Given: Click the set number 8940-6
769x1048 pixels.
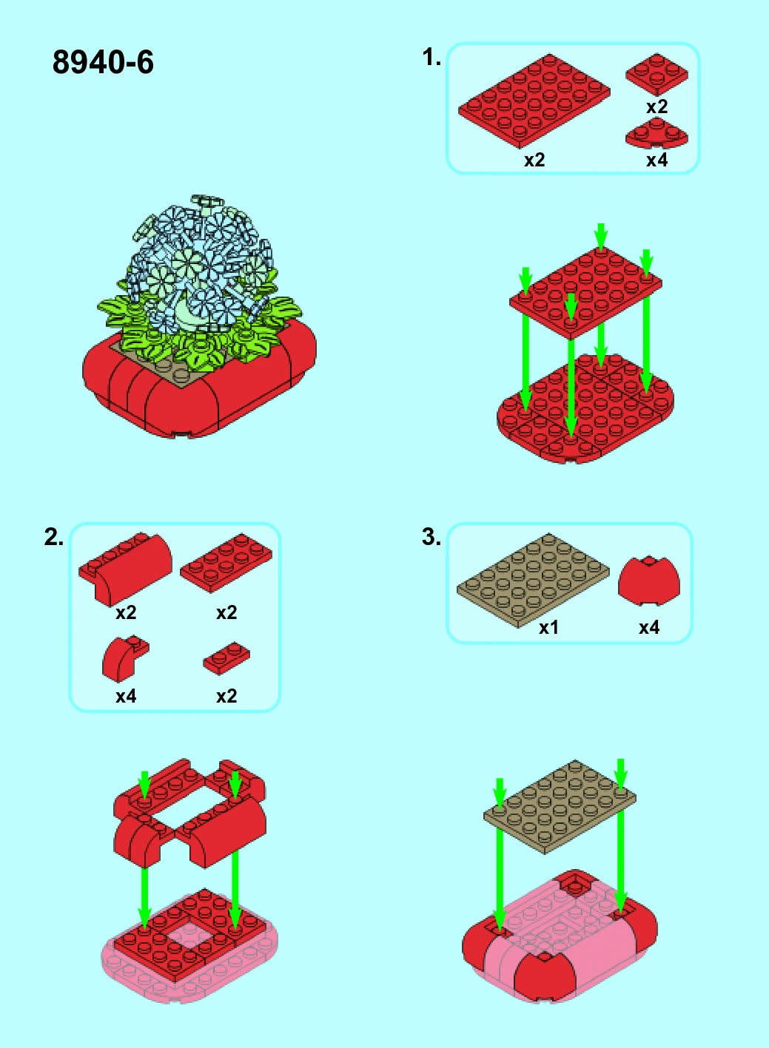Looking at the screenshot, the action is (x=103, y=62).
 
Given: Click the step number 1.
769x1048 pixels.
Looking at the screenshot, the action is (x=431, y=58).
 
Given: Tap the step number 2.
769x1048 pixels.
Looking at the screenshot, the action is (x=54, y=537).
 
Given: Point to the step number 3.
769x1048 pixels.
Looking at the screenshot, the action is (x=431, y=537).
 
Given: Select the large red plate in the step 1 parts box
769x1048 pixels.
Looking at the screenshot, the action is (x=534, y=101).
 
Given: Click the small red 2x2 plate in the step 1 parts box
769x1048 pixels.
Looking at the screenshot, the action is (x=657, y=74).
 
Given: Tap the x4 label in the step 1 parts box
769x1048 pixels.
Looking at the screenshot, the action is (x=656, y=160).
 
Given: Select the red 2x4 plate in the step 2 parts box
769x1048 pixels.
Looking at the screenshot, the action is (x=226, y=564).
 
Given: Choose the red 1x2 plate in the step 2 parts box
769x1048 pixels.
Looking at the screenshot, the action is (x=226, y=658).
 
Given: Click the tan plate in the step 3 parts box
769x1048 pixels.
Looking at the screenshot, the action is (x=533, y=581).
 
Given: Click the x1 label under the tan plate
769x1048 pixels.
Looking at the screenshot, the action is (x=549, y=627).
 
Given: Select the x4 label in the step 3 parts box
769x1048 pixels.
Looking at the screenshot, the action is (x=649, y=627).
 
